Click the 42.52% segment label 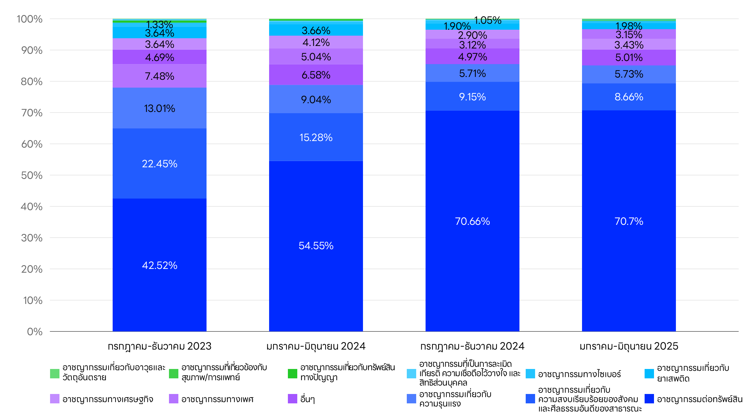(160, 265)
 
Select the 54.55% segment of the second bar (316, 245)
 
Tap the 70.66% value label (472, 221)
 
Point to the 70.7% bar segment (629, 221)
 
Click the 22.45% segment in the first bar (160, 164)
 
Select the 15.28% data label (316, 137)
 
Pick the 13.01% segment (160, 108)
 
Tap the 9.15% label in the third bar (472, 97)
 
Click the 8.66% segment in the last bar (629, 97)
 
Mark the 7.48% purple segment (160, 76)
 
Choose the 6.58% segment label (316, 75)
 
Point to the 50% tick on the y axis (32, 175)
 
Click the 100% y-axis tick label (29, 19)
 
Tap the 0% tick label (34, 331)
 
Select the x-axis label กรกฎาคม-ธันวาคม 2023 (160, 346)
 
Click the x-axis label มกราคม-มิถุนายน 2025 (629, 346)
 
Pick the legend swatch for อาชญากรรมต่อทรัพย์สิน (649, 399)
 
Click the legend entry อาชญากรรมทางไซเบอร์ (579, 374)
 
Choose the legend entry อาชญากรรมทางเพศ (217, 399)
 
